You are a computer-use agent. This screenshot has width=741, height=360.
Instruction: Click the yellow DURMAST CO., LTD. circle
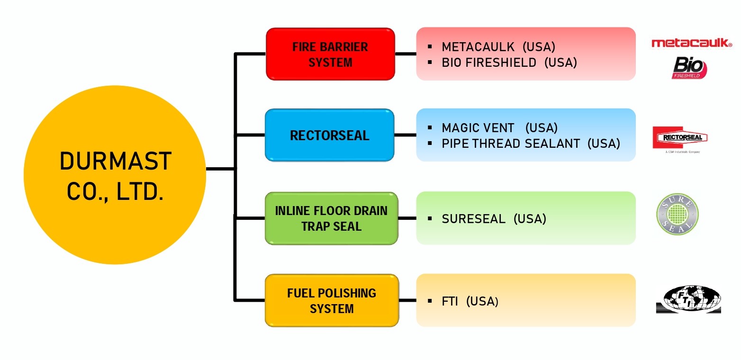[115, 175]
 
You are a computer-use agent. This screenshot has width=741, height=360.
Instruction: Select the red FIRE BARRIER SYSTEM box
[330, 54]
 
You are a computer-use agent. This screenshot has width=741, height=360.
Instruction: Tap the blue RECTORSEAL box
[329, 135]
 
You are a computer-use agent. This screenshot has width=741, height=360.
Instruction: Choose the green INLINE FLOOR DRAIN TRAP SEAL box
[331, 218]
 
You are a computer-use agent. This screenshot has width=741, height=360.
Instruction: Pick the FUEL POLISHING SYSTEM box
[332, 300]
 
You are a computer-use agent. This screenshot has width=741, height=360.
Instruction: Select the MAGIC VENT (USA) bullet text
[499, 128]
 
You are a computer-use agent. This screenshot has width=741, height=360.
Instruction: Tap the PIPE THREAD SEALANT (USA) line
[531, 143]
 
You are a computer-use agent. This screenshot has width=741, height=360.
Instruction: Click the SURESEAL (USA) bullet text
[494, 219]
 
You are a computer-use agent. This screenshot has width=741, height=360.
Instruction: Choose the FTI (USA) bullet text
[470, 301]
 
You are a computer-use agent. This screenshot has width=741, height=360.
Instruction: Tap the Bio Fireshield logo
[689, 68]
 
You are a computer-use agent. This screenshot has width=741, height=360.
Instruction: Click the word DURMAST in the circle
[115, 161]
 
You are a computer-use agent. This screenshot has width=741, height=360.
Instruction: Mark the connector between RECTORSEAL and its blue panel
[405, 135]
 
